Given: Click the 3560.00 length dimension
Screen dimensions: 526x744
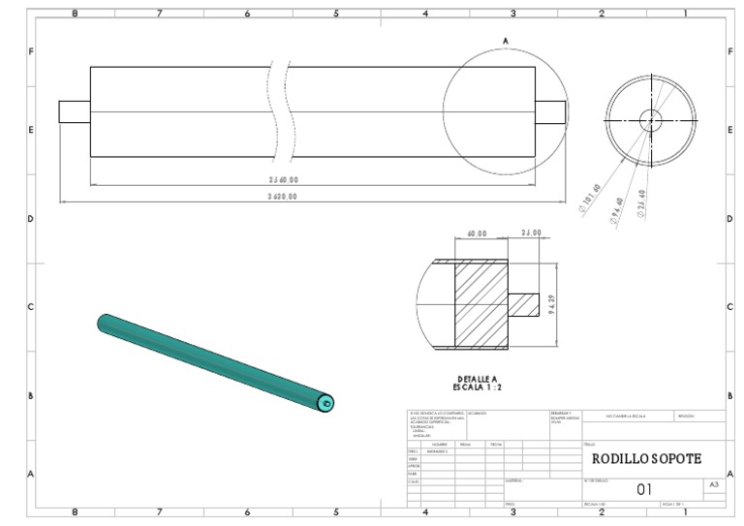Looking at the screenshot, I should pyautogui.click(x=283, y=179).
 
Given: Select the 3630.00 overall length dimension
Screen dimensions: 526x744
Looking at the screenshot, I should pyautogui.click(x=283, y=196).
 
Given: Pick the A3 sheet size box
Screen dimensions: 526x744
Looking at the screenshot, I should pyautogui.click(x=714, y=482).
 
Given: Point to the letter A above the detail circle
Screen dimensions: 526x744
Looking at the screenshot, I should pyautogui.click(x=505, y=40).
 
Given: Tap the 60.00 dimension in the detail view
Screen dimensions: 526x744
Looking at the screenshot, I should pyautogui.click(x=476, y=233).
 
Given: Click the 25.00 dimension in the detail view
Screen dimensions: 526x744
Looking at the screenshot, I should pyautogui.click(x=531, y=233).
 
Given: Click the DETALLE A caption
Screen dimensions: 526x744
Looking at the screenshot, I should pyautogui.click(x=477, y=379).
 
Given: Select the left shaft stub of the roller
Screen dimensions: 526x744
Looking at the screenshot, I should pyautogui.click(x=74, y=111).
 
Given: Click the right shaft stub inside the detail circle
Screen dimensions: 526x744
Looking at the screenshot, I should pyautogui.click(x=550, y=111).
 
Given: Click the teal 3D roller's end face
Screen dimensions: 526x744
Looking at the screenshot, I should pyautogui.click(x=326, y=403).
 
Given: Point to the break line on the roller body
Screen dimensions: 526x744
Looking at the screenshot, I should pyautogui.click(x=280, y=111).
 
